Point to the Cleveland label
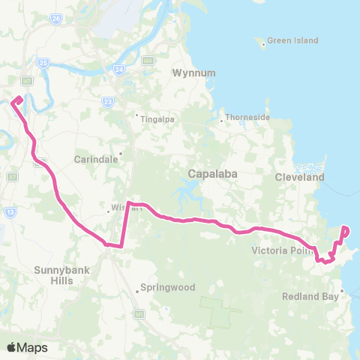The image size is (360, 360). pyautogui.click(x=299, y=178)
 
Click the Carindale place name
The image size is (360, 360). pyautogui.click(x=93, y=159)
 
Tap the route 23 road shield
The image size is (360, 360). pyautogui.click(x=109, y=101)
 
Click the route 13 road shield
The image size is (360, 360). pyautogui.click(x=10, y=212)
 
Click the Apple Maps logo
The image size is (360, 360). pyautogui.click(x=27, y=347)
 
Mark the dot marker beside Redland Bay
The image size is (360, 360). pyautogui.click(x=342, y=291)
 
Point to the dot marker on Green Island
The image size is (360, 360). pyautogui.click(x=263, y=44)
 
